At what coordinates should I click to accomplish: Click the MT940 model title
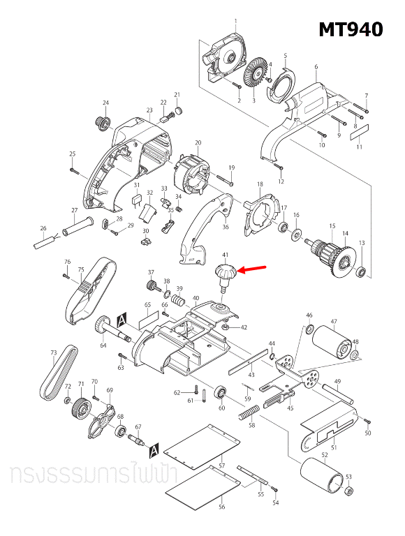click(351, 30)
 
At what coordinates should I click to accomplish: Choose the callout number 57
click(222, 465)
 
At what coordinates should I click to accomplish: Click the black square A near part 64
click(122, 318)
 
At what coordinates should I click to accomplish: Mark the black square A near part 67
click(154, 447)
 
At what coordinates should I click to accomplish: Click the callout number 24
click(106, 103)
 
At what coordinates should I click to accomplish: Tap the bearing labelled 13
click(362, 270)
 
